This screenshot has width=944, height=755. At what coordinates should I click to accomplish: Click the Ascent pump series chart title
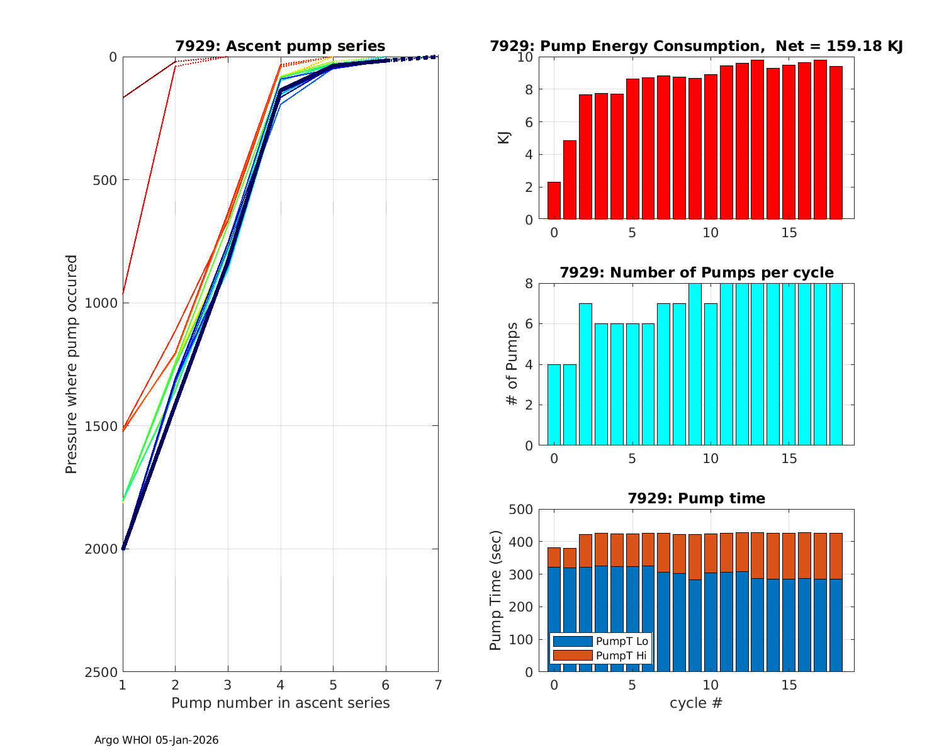click(x=280, y=46)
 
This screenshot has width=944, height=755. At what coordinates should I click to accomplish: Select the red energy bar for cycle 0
click(x=554, y=201)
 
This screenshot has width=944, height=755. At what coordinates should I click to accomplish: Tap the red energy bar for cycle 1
click(x=570, y=180)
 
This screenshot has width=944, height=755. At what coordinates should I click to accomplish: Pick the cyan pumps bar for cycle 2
click(x=585, y=374)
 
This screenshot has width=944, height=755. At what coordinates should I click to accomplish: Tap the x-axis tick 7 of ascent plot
click(x=438, y=685)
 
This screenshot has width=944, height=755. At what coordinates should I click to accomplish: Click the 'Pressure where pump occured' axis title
click(x=71, y=364)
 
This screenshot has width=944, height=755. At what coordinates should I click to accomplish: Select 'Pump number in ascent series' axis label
click(x=280, y=703)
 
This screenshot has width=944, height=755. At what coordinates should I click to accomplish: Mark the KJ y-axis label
click(x=503, y=137)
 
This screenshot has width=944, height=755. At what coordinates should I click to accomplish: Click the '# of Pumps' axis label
click(x=513, y=364)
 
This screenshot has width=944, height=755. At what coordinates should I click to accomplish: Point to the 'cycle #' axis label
click(x=695, y=703)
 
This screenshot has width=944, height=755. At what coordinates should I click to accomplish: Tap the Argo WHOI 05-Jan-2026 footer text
click(x=156, y=741)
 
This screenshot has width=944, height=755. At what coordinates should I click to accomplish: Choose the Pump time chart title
click(x=696, y=498)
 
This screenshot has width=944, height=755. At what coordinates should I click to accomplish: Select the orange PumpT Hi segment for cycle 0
click(x=554, y=557)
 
